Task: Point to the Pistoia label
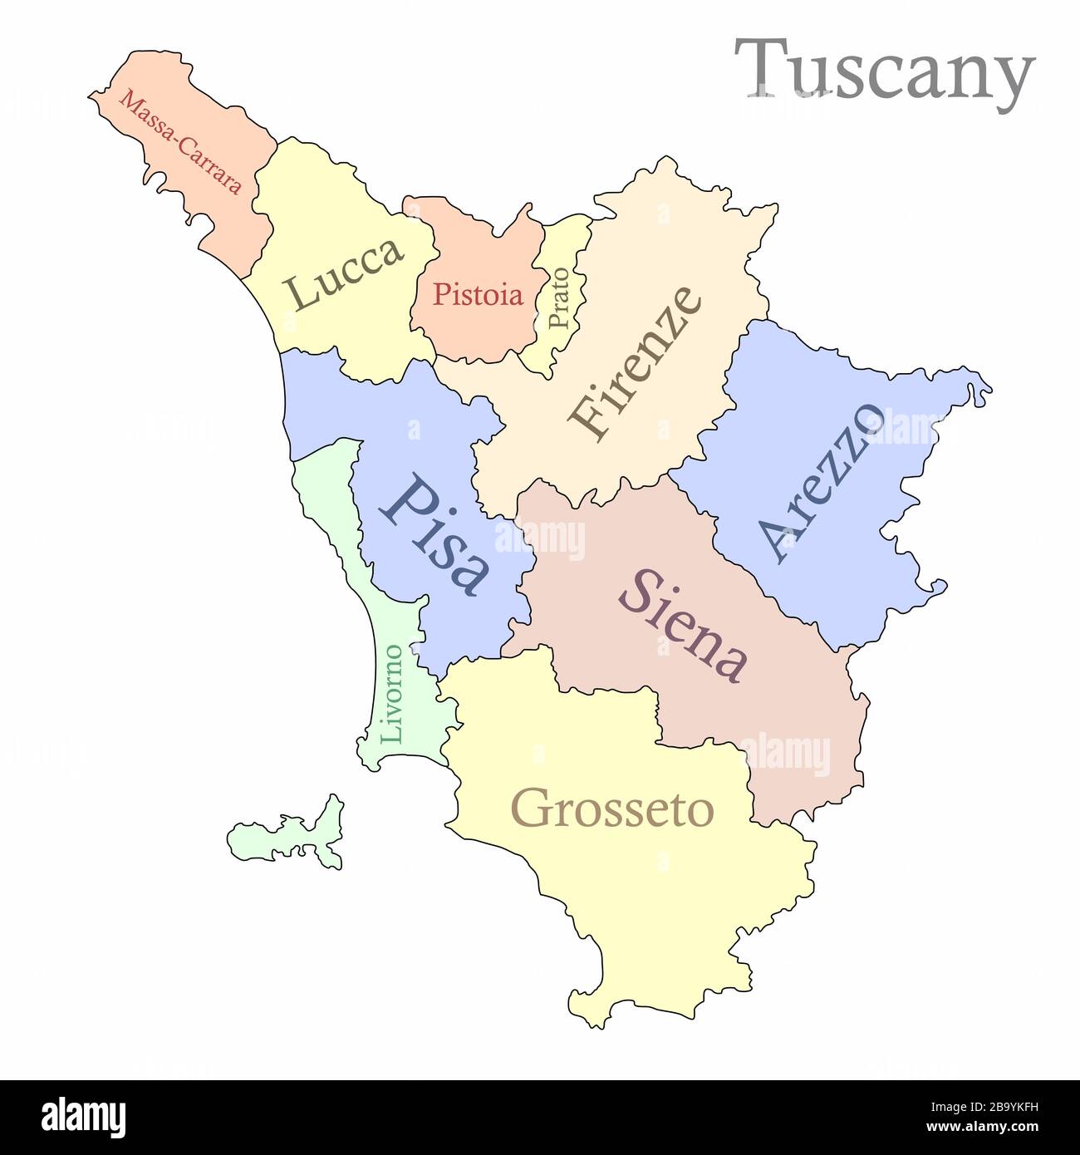click(479, 294)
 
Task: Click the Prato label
click(559, 297)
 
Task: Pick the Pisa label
click(434, 534)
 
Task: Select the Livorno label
click(391, 694)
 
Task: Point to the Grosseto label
click(612, 808)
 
